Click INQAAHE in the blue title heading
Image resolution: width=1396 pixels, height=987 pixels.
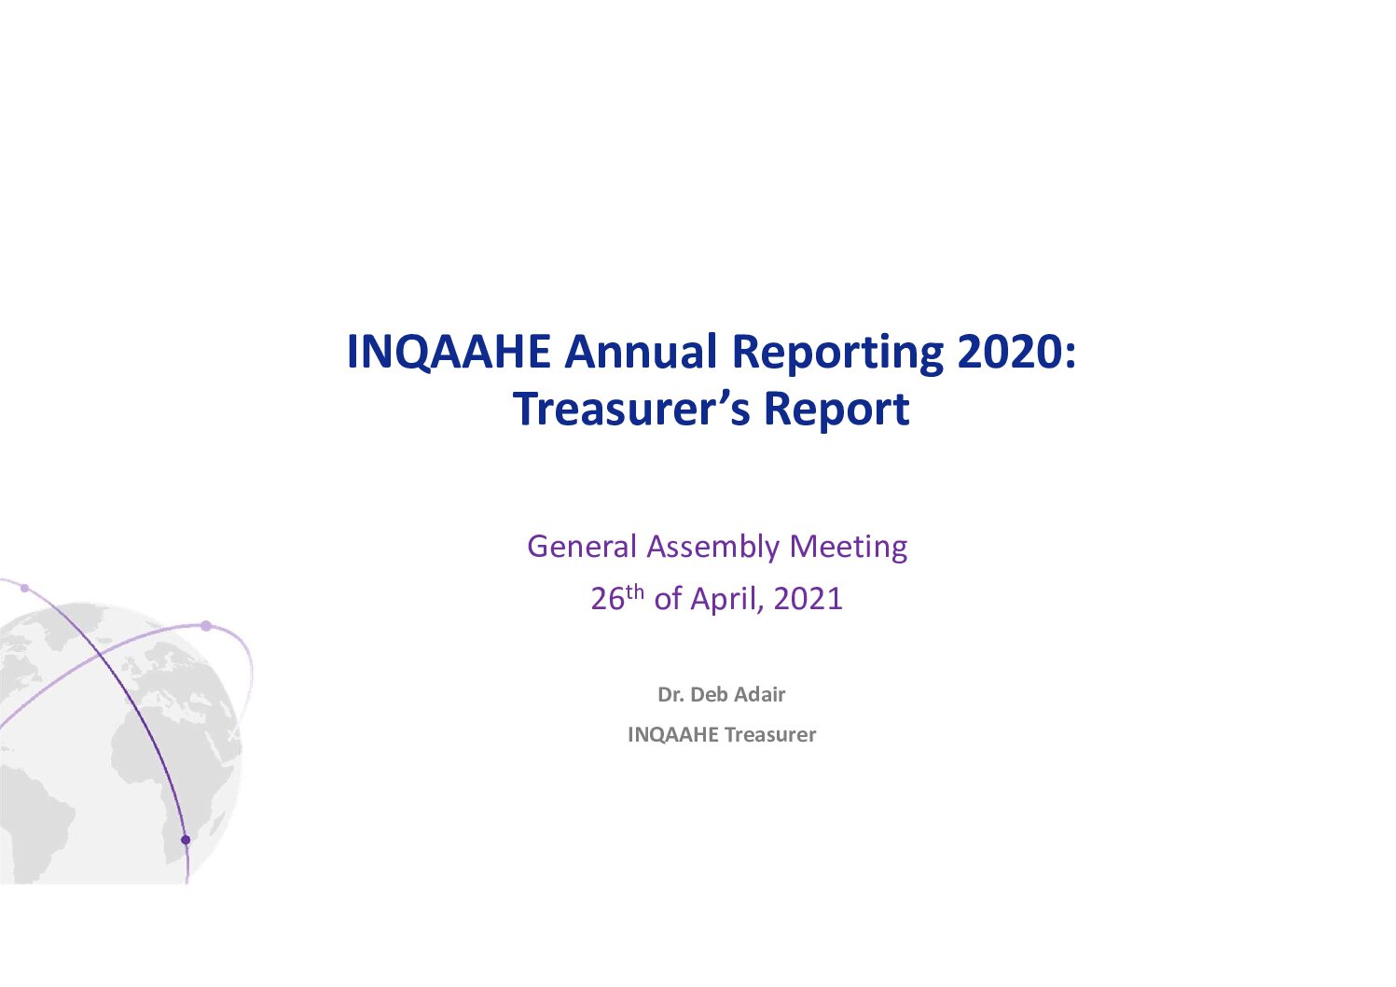(449, 352)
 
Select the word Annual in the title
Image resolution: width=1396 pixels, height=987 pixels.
(641, 352)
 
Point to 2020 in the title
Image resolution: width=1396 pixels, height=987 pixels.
(1010, 352)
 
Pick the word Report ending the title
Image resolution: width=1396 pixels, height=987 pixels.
(836, 411)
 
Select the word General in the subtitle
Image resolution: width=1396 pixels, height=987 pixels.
(582, 546)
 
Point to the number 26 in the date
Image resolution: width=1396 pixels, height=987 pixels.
(608, 599)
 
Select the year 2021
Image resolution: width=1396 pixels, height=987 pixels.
(808, 599)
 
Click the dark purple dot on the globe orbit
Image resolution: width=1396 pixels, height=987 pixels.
(185, 840)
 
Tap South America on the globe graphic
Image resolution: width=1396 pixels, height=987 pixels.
(31, 823)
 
